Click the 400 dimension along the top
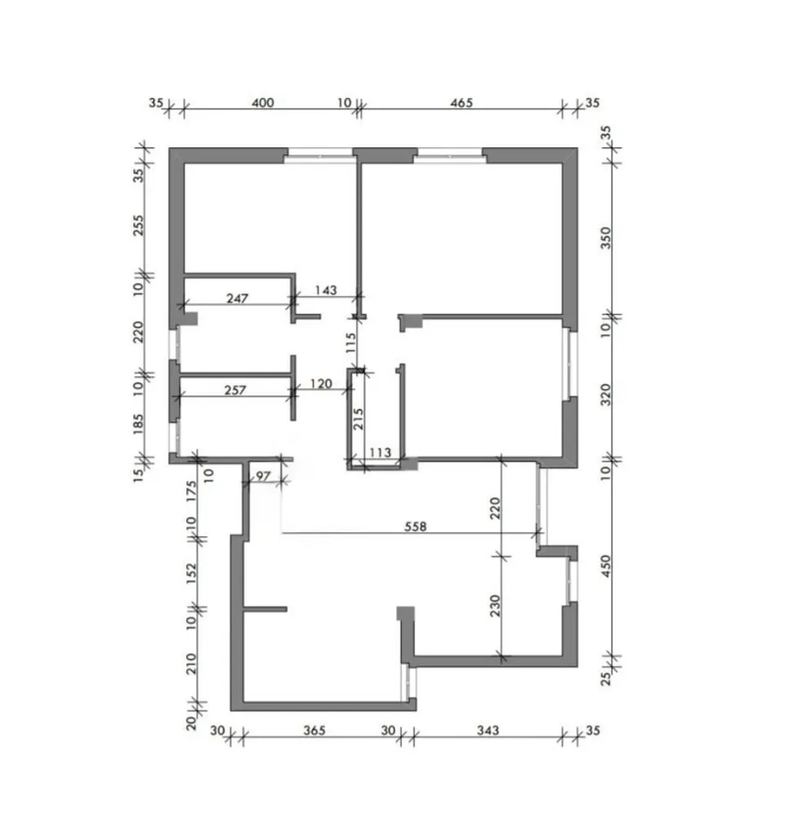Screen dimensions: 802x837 point(263,102)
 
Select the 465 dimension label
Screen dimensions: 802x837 point(461,102)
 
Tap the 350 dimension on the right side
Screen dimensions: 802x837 point(606,238)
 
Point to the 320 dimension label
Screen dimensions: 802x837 point(606,395)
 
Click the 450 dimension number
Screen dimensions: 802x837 point(606,566)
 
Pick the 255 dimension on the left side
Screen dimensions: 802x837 point(138,226)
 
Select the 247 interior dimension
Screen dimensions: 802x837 point(238,298)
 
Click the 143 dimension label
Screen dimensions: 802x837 point(326,290)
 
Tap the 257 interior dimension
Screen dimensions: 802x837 point(235,390)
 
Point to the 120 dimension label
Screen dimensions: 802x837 point(321,383)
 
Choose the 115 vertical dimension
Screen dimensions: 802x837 point(350,342)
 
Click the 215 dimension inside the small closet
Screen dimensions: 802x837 point(359,419)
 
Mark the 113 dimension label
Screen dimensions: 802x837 point(381,453)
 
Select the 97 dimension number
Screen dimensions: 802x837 point(264,476)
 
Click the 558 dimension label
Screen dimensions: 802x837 point(416,526)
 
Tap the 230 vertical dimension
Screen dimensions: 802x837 point(496,606)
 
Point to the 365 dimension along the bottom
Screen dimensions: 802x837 point(314,730)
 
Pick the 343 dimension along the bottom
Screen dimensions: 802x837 point(488,730)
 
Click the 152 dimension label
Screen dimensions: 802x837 point(192,573)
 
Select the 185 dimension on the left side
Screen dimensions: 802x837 point(138,424)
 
